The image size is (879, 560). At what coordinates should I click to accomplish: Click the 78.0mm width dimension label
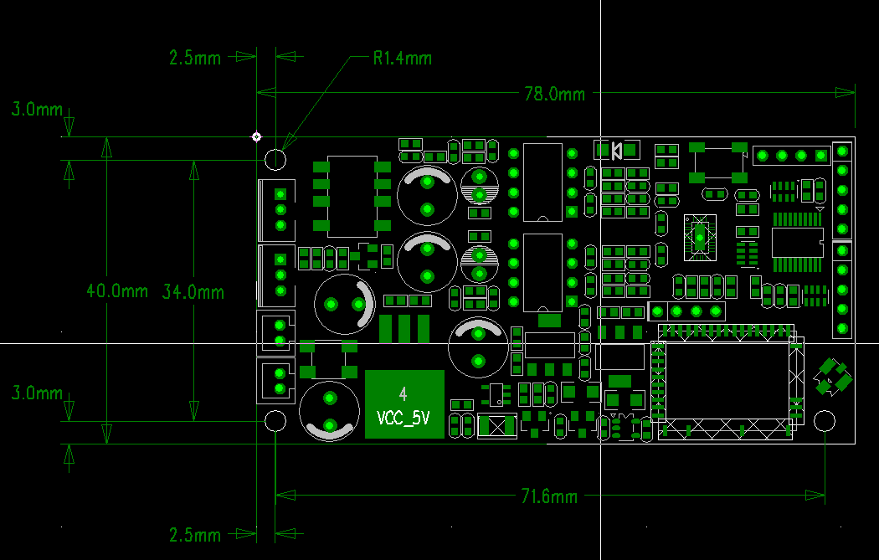pyautogui.click(x=554, y=94)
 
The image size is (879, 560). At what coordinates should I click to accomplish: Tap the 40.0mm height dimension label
pyautogui.click(x=117, y=291)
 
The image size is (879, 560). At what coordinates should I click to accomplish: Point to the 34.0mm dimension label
pyautogui.click(x=193, y=291)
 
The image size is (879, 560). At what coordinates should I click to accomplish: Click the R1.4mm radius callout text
pyautogui.click(x=403, y=59)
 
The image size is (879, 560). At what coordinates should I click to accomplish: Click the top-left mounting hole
pyautogui.click(x=275, y=159)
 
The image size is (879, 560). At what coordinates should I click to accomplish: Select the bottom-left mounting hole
pyautogui.click(x=275, y=421)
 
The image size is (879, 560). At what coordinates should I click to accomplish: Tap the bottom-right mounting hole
pyautogui.click(x=825, y=421)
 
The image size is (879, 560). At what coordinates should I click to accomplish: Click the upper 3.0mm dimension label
pyautogui.click(x=36, y=109)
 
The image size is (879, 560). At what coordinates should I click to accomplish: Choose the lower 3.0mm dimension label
pyautogui.click(x=36, y=393)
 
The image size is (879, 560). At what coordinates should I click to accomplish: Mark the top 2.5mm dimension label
pyautogui.click(x=195, y=59)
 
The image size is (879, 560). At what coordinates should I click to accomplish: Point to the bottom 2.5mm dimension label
pyautogui.click(x=195, y=534)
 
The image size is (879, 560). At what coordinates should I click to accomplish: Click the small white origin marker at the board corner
pyautogui.click(x=257, y=136)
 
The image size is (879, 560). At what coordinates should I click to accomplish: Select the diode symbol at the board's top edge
pyautogui.click(x=616, y=151)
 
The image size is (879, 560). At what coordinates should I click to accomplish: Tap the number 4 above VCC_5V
pyautogui.click(x=404, y=393)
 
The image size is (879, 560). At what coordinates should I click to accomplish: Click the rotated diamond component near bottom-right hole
pyautogui.click(x=831, y=376)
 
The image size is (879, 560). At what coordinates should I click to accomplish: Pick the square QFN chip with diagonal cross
pyautogui.click(x=698, y=235)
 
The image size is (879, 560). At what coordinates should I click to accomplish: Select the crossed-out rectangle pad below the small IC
pyautogui.click(x=496, y=426)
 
